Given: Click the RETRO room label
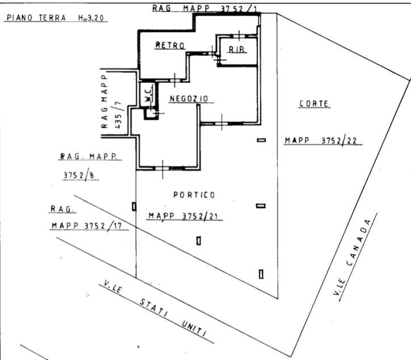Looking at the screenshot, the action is [170, 45].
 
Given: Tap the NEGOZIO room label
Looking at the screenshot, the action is [189, 99].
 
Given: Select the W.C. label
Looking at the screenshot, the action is [149, 94].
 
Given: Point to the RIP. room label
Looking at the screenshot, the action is [237, 49].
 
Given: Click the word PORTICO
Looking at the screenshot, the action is [194, 195].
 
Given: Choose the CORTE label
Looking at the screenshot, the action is [314, 103].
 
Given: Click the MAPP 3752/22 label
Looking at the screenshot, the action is [321, 141].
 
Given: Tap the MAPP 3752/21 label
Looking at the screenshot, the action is [183, 216].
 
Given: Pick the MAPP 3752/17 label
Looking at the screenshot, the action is [87, 225].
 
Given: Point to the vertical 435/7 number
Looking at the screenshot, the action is [118, 115].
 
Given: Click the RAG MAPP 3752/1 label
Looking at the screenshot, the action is [204, 9].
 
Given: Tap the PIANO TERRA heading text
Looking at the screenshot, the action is [36, 18].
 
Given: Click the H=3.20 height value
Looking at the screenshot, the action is [91, 18].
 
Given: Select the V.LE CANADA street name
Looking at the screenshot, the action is [353, 257].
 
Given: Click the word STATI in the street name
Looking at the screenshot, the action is [154, 308].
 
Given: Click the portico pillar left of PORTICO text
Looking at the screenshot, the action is [134, 207].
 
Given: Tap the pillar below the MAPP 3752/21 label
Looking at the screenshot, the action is [199, 241].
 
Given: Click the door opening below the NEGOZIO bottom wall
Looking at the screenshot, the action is [163, 168].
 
